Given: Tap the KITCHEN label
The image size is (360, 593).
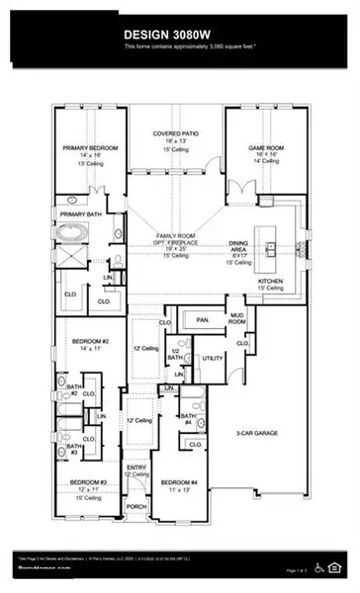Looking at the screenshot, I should [x=270, y=281].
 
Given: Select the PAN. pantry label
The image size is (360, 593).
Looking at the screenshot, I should [x=203, y=320].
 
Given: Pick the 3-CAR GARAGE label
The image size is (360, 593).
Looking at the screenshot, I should [x=268, y=431].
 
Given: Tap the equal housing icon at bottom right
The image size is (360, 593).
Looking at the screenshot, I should [x=333, y=566].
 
